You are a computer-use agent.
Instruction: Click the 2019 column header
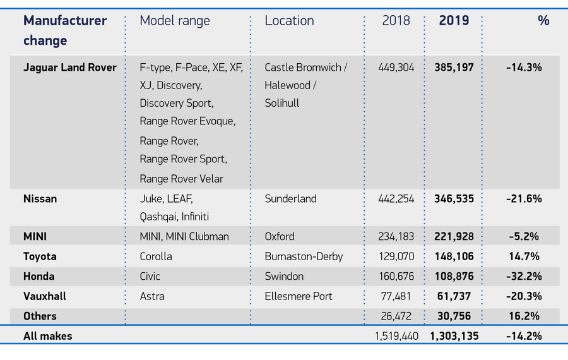click(x=454, y=20)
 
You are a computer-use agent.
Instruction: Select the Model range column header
click(x=175, y=20)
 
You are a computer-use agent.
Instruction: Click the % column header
click(x=543, y=20)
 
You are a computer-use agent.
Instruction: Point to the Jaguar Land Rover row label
click(x=70, y=67)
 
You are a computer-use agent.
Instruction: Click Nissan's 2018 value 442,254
click(x=396, y=198)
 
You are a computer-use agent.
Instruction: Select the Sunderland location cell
click(x=291, y=198)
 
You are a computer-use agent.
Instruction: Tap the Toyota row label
click(x=40, y=256)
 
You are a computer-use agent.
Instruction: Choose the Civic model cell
click(x=150, y=276)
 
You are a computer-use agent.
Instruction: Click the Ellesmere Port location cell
click(x=299, y=296)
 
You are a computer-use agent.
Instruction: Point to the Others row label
click(x=40, y=316)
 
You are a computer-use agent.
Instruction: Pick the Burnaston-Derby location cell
click(x=304, y=256)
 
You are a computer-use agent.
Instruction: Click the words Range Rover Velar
click(x=182, y=179)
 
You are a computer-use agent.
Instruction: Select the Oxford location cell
click(x=280, y=236)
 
